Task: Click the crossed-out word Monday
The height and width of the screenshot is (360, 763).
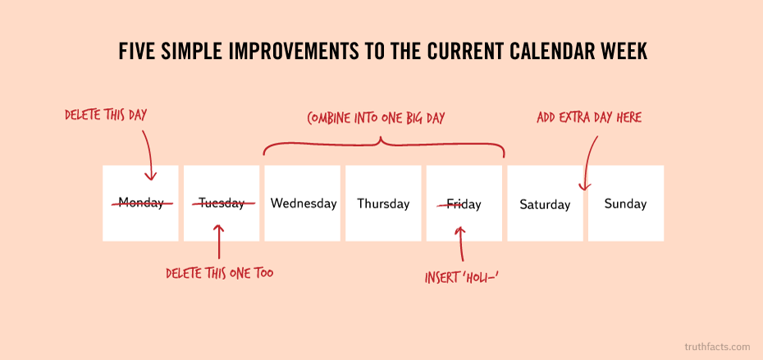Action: click(140, 203)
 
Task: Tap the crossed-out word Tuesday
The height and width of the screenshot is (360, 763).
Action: click(222, 203)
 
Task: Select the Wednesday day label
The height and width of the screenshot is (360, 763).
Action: click(304, 203)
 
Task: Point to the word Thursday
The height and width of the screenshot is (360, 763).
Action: click(383, 203)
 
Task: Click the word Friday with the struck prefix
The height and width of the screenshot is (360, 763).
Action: click(464, 204)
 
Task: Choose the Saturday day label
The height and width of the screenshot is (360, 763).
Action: click(545, 204)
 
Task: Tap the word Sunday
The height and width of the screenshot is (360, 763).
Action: click(625, 203)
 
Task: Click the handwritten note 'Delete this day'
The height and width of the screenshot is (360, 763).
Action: click(106, 116)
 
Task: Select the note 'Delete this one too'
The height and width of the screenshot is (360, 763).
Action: click(219, 273)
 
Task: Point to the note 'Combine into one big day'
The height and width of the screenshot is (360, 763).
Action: click(376, 118)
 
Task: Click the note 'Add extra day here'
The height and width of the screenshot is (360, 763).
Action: click(589, 117)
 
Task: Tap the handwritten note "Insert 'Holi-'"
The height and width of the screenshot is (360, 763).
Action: click(463, 278)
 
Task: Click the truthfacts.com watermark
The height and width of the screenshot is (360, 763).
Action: click(717, 347)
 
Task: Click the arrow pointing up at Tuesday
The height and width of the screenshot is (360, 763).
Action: click(219, 241)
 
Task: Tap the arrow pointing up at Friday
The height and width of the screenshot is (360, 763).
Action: click(461, 244)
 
